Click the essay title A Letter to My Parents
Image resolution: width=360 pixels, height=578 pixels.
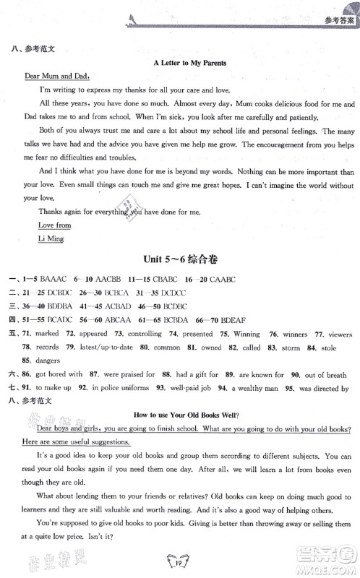(x=190, y=63)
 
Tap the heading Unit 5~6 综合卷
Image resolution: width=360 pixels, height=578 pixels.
(x=189, y=248)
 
